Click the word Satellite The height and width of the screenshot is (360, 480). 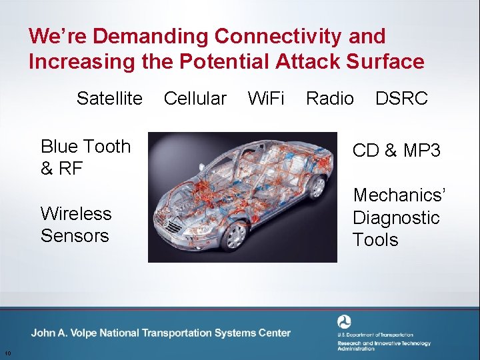(109, 99)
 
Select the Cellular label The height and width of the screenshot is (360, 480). (195, 99)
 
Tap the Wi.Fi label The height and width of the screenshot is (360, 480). (265, 99)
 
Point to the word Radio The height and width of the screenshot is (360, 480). (329, 99)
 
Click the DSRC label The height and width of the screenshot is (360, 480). (401, 99)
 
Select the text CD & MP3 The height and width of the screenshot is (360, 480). (396, 151)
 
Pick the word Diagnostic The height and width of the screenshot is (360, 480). (396, 218)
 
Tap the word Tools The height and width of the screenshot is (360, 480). (375, 240)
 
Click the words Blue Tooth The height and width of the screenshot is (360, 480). (85, 147)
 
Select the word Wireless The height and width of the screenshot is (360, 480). (76, 213)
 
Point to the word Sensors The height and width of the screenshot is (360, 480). (74, 236)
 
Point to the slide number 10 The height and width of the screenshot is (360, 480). (7, 353)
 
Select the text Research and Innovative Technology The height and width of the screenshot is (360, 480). (383, 344)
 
